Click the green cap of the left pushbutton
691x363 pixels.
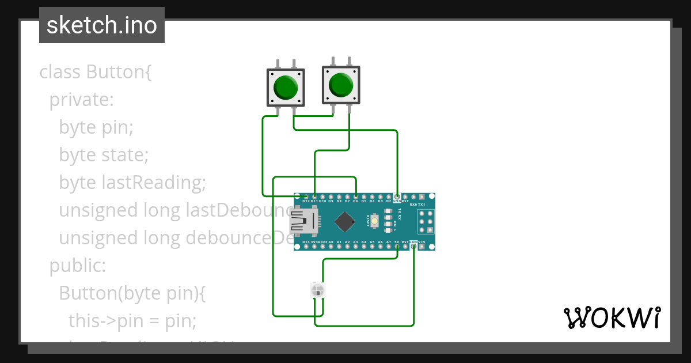[286, 86]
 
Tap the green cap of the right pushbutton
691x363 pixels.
[340, 85]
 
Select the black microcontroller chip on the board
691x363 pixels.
[344, 221]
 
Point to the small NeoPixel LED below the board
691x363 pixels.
[317, 290]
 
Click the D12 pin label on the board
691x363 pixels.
[306, 201]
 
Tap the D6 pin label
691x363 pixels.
[356, 201]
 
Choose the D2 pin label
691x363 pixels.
[389, 201]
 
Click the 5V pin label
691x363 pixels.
[397, 242]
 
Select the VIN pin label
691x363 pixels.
[422, 242]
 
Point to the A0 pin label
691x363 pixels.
[331, 242]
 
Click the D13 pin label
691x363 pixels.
[306, 242]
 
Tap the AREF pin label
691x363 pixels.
[322, 242]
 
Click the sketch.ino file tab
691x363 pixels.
[102, 25]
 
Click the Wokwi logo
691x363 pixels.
[612, 317]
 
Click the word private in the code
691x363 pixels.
[81, 100]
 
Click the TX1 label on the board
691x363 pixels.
[422, 205]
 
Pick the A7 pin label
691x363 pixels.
[389, 242]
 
